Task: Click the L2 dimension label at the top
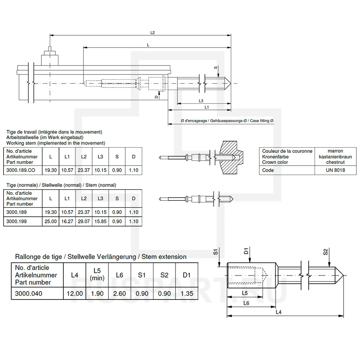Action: point(152,32)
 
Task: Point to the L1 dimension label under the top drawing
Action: point(207,107)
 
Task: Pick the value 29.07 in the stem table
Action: point(84,221)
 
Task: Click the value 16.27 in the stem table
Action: point(67,221)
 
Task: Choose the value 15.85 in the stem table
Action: point(100,221)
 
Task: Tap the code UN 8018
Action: point(336,170)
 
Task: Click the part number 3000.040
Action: point(29,294)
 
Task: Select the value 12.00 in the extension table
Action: point(75,294)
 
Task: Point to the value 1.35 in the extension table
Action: point(186,294)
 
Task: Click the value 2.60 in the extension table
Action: point(120,294)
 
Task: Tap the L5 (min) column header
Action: point(97,275)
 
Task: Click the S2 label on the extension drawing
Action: point(325,252)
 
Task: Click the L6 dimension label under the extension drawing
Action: point(246,303)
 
